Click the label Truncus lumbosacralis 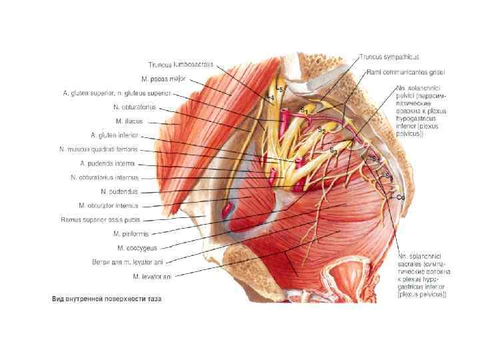coord(180,65)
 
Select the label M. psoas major coord(169,79)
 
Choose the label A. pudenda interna coord(107,163)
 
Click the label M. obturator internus coord(107,205)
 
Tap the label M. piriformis coord(131,234)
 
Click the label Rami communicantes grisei coord(405,71)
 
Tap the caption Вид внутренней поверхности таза coord(107,299)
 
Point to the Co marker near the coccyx coord(401,197)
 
